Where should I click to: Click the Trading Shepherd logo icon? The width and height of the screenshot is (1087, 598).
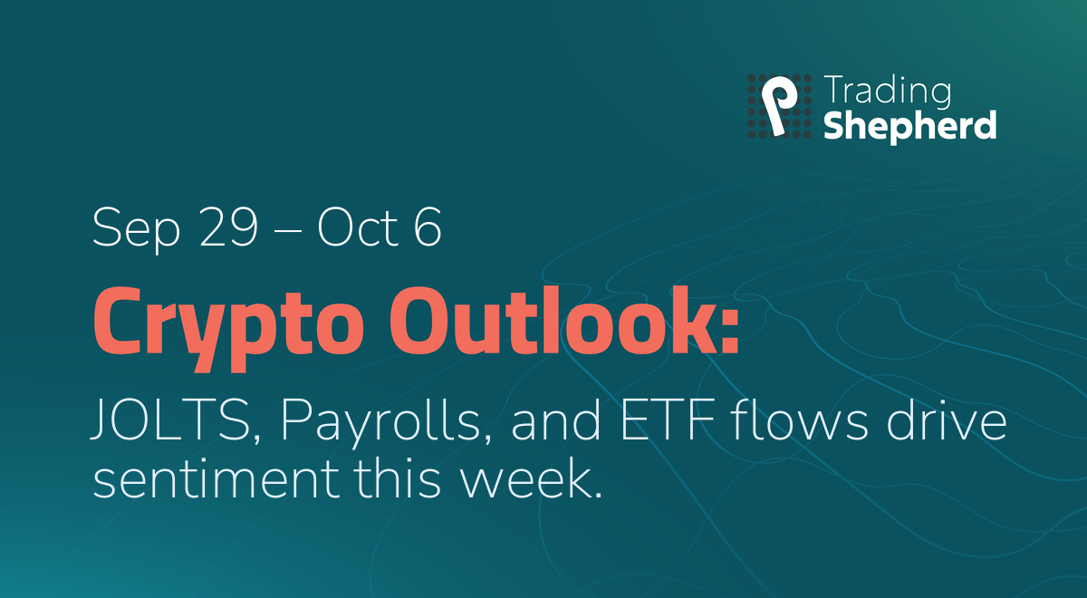(x=779, y=106)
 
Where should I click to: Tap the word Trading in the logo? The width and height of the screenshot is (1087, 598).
(x=887, y=92)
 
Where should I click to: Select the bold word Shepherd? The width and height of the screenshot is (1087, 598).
(x=909, y=126)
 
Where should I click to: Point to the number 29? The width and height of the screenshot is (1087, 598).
(x=228, y=227)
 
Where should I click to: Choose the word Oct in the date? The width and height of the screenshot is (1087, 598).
(x=358, y=227)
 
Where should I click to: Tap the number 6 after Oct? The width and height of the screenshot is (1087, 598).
(x=428, y=227)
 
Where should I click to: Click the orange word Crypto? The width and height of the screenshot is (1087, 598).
(x=228, y=329)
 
